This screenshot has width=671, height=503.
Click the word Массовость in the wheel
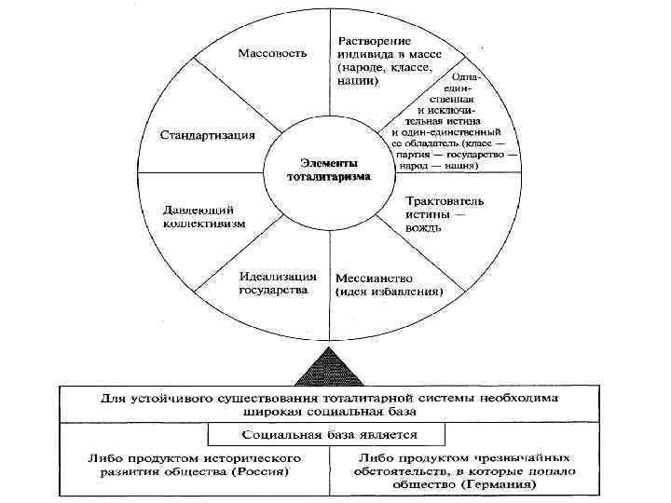tap(272, 52)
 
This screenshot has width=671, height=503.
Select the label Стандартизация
tap(207, 134)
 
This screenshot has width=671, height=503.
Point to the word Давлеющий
tap(199, 209)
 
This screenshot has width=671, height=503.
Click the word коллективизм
tap(205, 224)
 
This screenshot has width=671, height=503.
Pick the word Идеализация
tap(279, 276)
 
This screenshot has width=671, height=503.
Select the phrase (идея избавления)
tap(390, 292)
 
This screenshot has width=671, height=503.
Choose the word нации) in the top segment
tap(358, 81)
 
